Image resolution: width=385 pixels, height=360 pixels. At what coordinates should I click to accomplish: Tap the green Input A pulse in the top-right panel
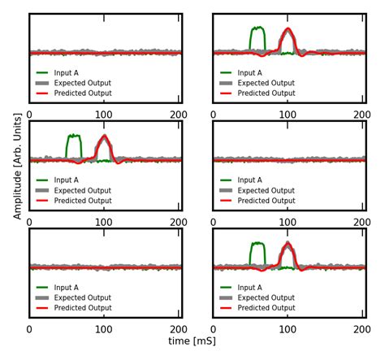click(x=257, y=29)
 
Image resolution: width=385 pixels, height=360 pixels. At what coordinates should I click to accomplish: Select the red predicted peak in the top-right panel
click(x=287, y=32)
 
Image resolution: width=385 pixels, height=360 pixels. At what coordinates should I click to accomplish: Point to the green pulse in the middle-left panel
click(x=74, y=137)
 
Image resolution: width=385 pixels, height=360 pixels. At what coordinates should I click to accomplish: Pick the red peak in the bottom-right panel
click(x=287, y=246)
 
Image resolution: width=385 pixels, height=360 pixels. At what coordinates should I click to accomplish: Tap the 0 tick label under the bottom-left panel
click(x=30, y=330)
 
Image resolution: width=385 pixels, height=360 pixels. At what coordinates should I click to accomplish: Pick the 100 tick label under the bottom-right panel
click(x=287, y=330)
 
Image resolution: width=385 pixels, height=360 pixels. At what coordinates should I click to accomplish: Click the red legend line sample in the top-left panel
click(x=43, y=93)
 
